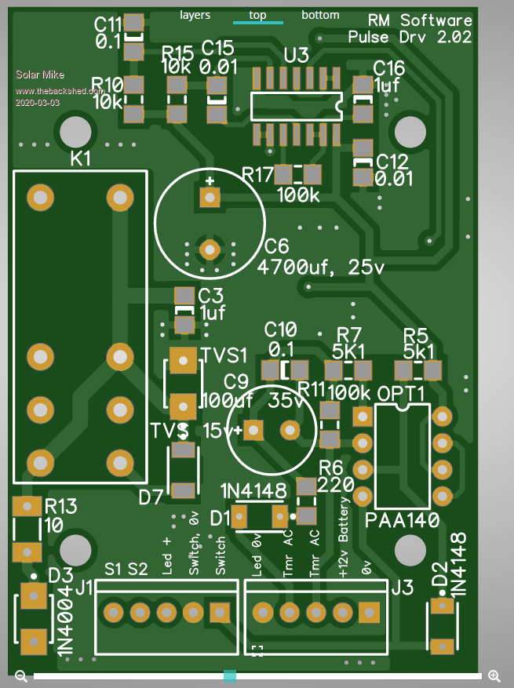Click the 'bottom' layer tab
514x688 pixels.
point(320,15)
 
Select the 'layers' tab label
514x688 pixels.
point(195,15)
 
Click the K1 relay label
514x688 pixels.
point(81,159)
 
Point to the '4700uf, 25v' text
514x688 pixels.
point(322,268)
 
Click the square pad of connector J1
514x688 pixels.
point(219,612)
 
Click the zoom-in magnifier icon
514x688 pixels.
point(494,675)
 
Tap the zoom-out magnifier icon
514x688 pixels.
point(21,675)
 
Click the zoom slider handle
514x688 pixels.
point(230,675)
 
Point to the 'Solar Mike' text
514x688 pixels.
point(41,75)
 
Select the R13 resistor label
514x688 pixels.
point(60,506)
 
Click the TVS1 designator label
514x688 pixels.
point(224,355)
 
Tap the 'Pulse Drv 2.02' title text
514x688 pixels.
point(410,37)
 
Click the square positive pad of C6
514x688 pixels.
point(210,198)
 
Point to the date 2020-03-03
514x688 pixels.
point(37,103)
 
